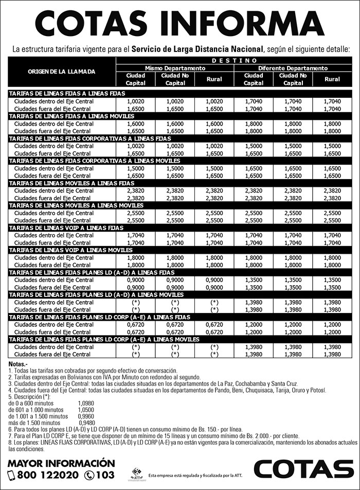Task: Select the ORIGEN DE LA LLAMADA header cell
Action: (x=62, y=72)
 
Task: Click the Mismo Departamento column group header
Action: (x=175, y=68)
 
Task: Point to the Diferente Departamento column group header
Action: (x=293, y=68)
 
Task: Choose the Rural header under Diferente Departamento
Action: (x=332, y=79)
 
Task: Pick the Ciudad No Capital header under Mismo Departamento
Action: (x=175, y=79)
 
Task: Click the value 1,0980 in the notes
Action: (x=86, y=403)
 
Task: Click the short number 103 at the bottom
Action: (x=105, y=475)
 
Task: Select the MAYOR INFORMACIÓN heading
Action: (x=61, y=462)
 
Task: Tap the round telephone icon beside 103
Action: (x=89, y=475)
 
